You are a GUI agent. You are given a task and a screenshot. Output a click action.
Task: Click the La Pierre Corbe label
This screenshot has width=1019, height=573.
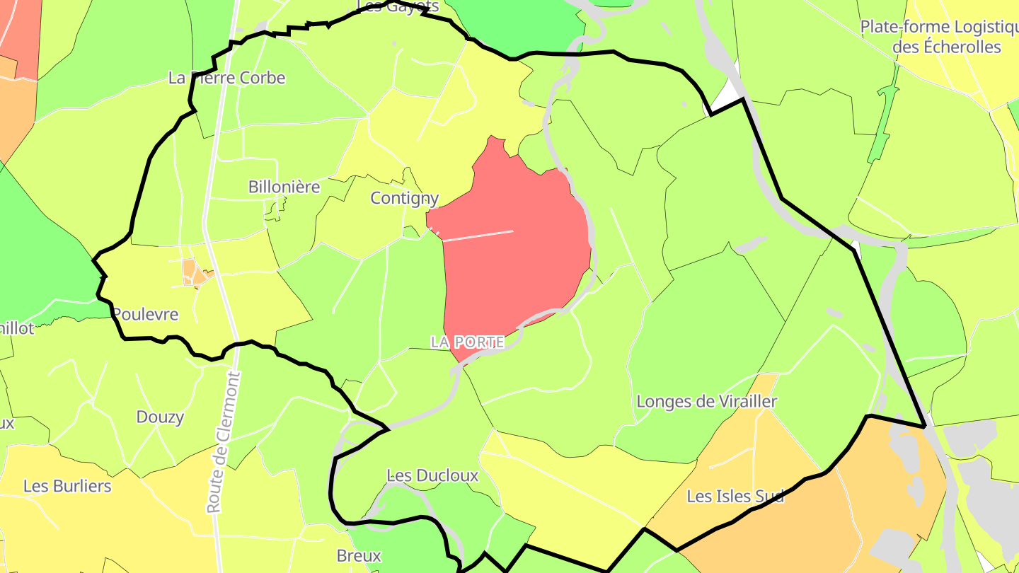[226, 78]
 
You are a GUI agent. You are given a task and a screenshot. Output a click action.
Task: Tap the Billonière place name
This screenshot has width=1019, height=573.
[284, 187]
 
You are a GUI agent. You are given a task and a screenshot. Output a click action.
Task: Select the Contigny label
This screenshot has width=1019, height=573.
[405, 199]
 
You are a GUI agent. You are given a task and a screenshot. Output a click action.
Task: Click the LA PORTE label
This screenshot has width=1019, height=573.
[467, 342]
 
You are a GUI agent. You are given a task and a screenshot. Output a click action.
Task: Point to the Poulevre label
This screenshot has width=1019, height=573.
[146, 315]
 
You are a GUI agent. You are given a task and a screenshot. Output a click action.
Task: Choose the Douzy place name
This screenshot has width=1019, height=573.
[160, 417]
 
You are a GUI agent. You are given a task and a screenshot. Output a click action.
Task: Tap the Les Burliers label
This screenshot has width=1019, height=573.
[67, 487]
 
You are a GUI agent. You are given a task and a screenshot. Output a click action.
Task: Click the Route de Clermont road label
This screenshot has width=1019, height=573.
[224, 442]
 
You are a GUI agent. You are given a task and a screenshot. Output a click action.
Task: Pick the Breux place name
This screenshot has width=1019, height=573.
[359, 556]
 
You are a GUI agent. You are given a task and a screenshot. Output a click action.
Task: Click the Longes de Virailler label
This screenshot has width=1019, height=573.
[707, 402]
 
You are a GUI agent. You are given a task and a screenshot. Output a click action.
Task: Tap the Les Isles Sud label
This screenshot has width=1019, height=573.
[736, 497]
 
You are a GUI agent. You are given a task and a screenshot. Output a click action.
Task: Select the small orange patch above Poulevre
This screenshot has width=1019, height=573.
[190, 271]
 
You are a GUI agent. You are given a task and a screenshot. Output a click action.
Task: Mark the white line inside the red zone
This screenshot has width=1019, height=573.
[478, 236]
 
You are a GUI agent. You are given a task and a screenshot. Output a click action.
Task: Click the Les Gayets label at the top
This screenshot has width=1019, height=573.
[398, 6]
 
